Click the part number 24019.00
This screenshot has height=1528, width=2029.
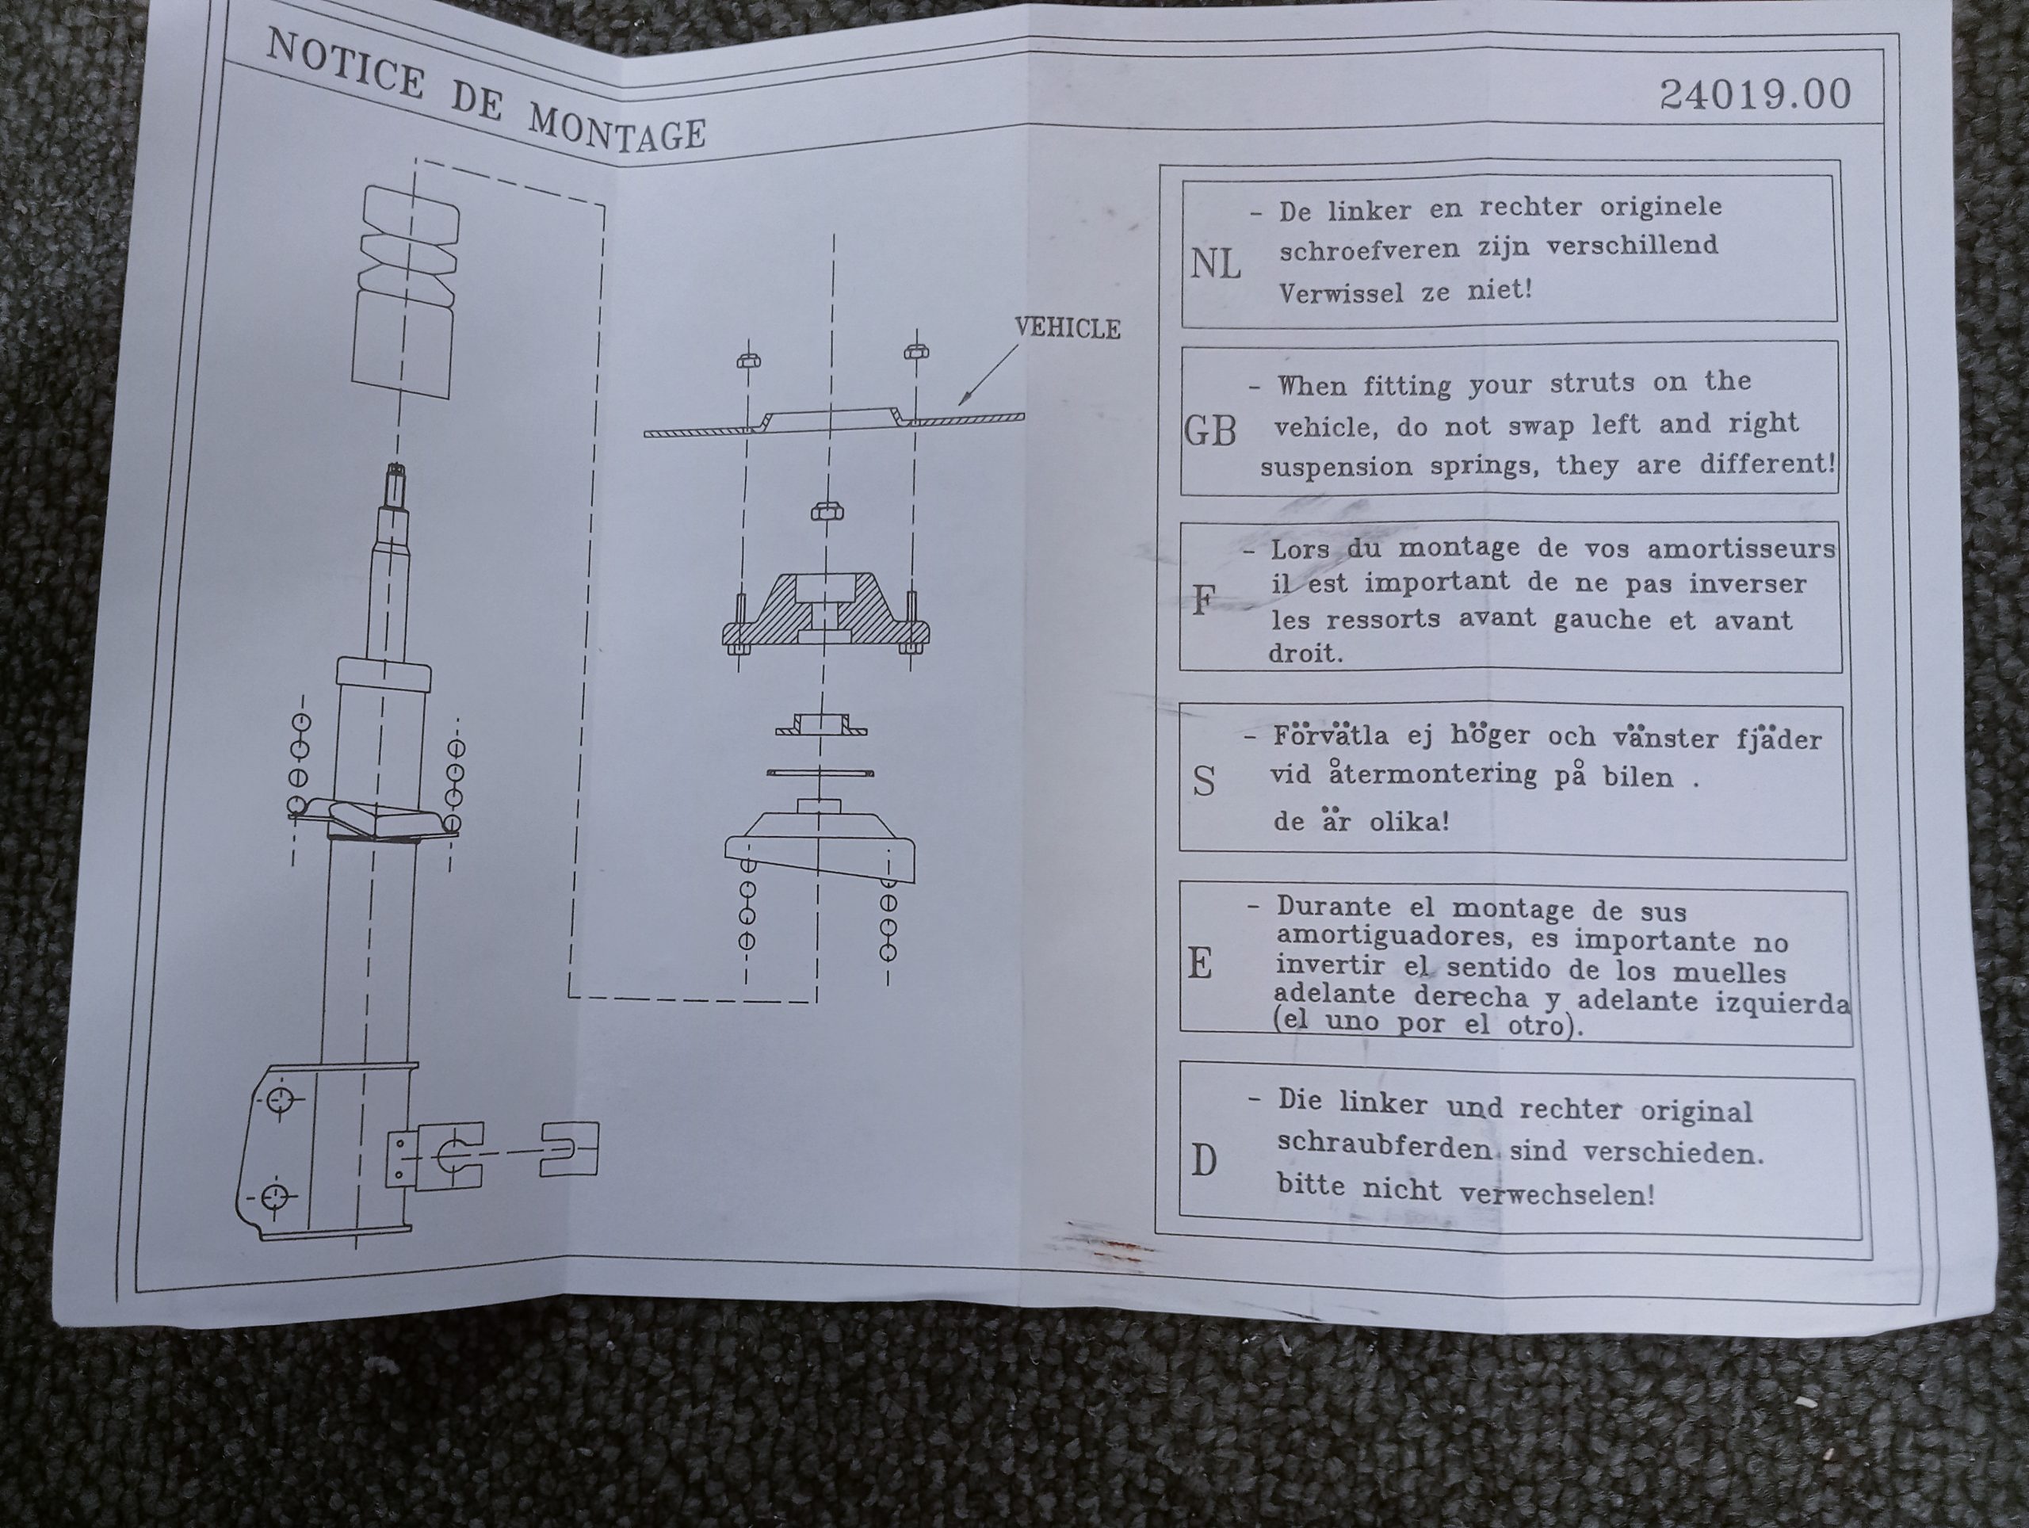[1755, 94]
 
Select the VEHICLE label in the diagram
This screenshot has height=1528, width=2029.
[1067, 327]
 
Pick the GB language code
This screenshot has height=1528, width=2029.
[1210, 430]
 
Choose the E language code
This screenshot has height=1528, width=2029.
[1200, 964]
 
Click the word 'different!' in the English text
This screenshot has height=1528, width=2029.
[1767, 463]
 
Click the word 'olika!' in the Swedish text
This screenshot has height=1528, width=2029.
[1409, 821]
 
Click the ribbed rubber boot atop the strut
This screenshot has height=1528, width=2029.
[407, 292]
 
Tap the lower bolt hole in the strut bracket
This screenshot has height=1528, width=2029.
[275, 1197]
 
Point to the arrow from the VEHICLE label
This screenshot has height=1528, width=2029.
[989, 373]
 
